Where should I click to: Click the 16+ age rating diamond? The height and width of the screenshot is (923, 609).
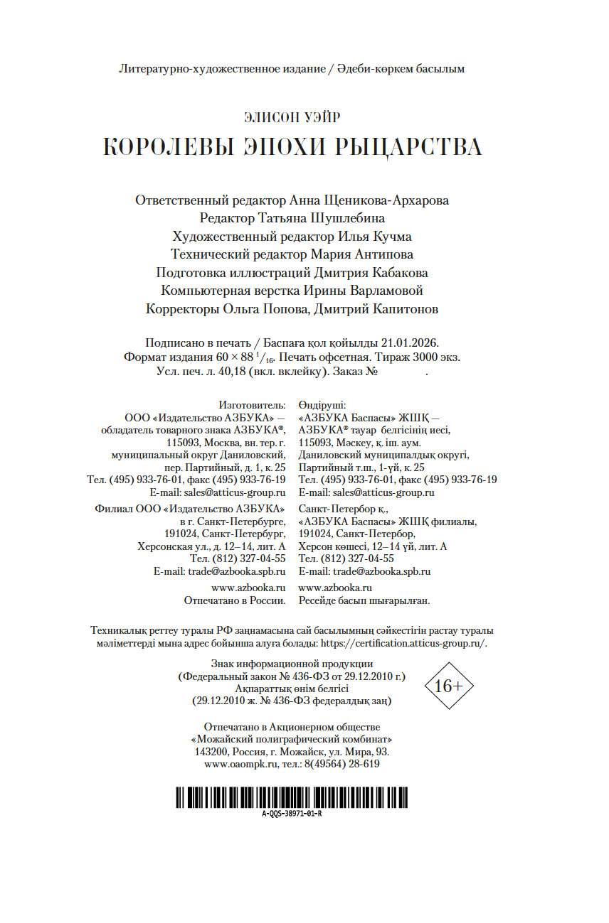pos(448,686)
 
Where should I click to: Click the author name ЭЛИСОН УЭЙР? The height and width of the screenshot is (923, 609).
pos(292,117)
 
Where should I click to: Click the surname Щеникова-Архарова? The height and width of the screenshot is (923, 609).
pos(386,200)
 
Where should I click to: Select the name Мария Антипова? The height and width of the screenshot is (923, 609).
pos(362,254)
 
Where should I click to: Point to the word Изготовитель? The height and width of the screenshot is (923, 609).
pos(253,404)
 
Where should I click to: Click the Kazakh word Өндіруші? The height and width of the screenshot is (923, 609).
pos(322,404)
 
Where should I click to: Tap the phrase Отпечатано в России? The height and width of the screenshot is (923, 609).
pos(235,600)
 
